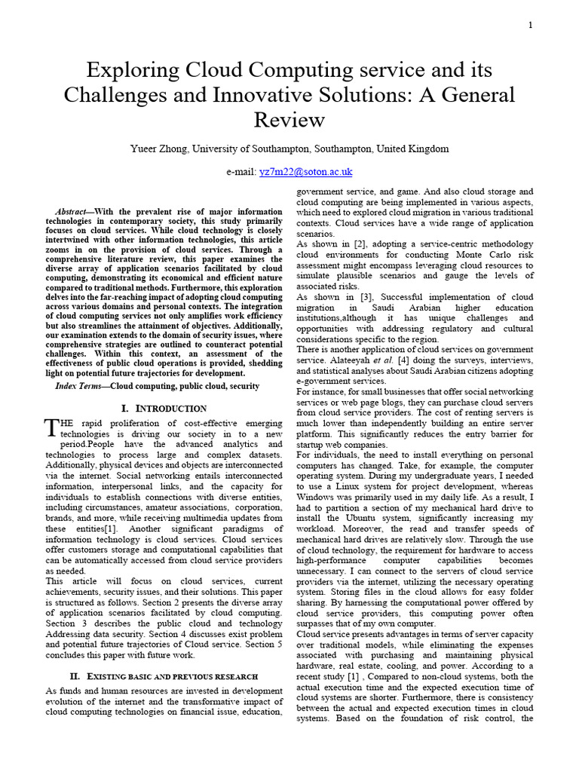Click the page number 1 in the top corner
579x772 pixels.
[x=531, y=25]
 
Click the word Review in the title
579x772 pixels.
[x=289, y=120]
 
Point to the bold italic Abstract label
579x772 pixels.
[x=72, y=212]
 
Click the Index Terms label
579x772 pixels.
[x=78, y=386]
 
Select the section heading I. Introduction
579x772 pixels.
[x=164, y=409]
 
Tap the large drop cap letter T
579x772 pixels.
[x=51, y=427]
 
